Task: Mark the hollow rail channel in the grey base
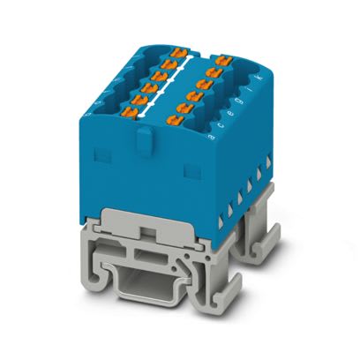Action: pos(154,286)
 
